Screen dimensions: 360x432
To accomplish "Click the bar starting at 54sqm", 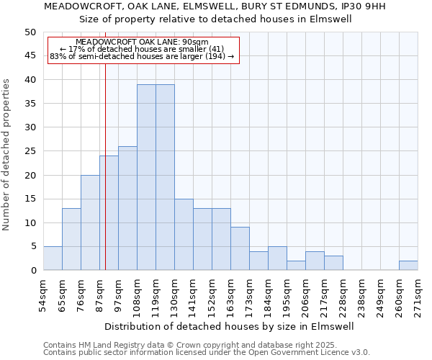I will click(x=53, y=258).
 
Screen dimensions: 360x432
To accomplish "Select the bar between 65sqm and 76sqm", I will click(x=71, y=239).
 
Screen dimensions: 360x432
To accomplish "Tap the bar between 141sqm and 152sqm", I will click(x=202, y=239).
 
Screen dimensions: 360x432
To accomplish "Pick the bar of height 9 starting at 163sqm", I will click(x=240, y=248).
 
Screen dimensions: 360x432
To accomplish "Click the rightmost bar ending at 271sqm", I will click(x=408, y=266).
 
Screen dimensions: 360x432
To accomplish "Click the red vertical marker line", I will click(x=105, y=180).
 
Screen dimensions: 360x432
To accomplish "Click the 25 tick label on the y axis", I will click(x=30, y=151).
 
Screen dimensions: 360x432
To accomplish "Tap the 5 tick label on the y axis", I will click(x=33, y=246).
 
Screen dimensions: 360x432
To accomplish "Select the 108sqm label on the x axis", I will click(x=137, y=295).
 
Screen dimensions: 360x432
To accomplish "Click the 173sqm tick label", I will click(x=249, y=295).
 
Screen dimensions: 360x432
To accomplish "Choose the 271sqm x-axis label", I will click(x=418, y=295).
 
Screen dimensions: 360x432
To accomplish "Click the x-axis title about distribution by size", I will click(x=230, y=326).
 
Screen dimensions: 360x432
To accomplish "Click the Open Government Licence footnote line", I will click(x=207, y=353).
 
